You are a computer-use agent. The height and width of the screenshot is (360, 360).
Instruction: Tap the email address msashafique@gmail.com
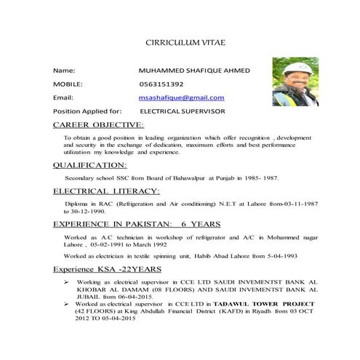coord(182,97)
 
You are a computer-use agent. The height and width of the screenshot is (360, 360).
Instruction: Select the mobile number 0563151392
coord(161,84)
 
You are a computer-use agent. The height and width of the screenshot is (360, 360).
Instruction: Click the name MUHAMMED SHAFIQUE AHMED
coord(193,71)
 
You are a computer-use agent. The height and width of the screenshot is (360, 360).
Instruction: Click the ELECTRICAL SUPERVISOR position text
coord(183,111)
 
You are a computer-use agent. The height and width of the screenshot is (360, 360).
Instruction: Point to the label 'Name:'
coord(64,71)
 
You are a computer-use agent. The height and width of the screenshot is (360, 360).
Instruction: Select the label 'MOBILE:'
coord(68,84)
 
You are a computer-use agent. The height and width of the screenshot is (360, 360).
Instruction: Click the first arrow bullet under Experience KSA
coord(67,280)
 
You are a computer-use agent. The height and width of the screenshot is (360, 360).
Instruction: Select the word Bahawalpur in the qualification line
coord(183,177)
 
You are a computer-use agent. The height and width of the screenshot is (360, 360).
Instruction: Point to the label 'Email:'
coord(63,97)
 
